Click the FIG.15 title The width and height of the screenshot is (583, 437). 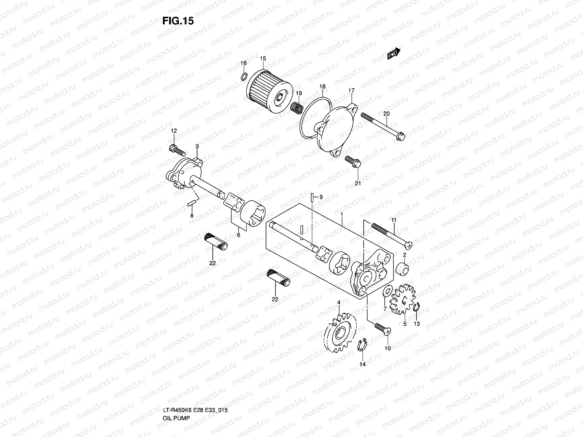178,21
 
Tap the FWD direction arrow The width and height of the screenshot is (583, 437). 394,54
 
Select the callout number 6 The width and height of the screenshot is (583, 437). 239,235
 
